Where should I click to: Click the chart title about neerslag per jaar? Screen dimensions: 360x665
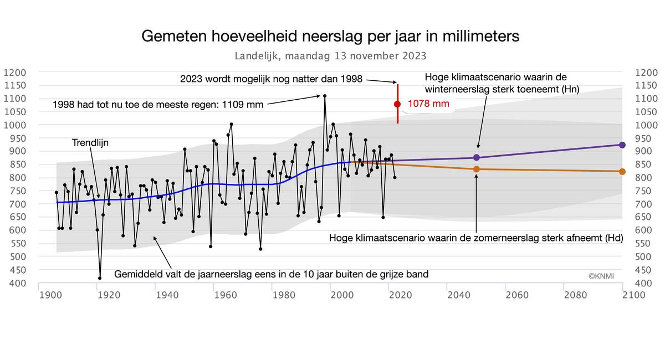coord(331,37)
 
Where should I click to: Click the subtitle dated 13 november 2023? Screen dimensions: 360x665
coord(330,56)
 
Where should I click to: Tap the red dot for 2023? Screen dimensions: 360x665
coord(397,104)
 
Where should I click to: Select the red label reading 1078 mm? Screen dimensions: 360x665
coord(428,104)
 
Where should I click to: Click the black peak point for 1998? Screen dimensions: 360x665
coord(325,96)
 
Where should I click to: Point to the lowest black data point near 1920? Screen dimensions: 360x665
coord(100,278)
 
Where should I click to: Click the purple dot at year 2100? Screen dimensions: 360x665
coord(622,145)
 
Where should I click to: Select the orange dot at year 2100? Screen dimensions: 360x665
coord(622,172)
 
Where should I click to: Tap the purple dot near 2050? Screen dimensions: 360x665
coord(477,157)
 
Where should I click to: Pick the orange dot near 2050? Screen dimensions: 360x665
coord(477,169)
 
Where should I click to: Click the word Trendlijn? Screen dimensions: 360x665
coord(90,143)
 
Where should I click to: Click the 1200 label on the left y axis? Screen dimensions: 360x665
coord(15,72)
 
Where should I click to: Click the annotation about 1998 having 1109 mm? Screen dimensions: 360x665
coord(158,104)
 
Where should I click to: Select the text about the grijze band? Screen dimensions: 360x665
coord(271,274)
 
